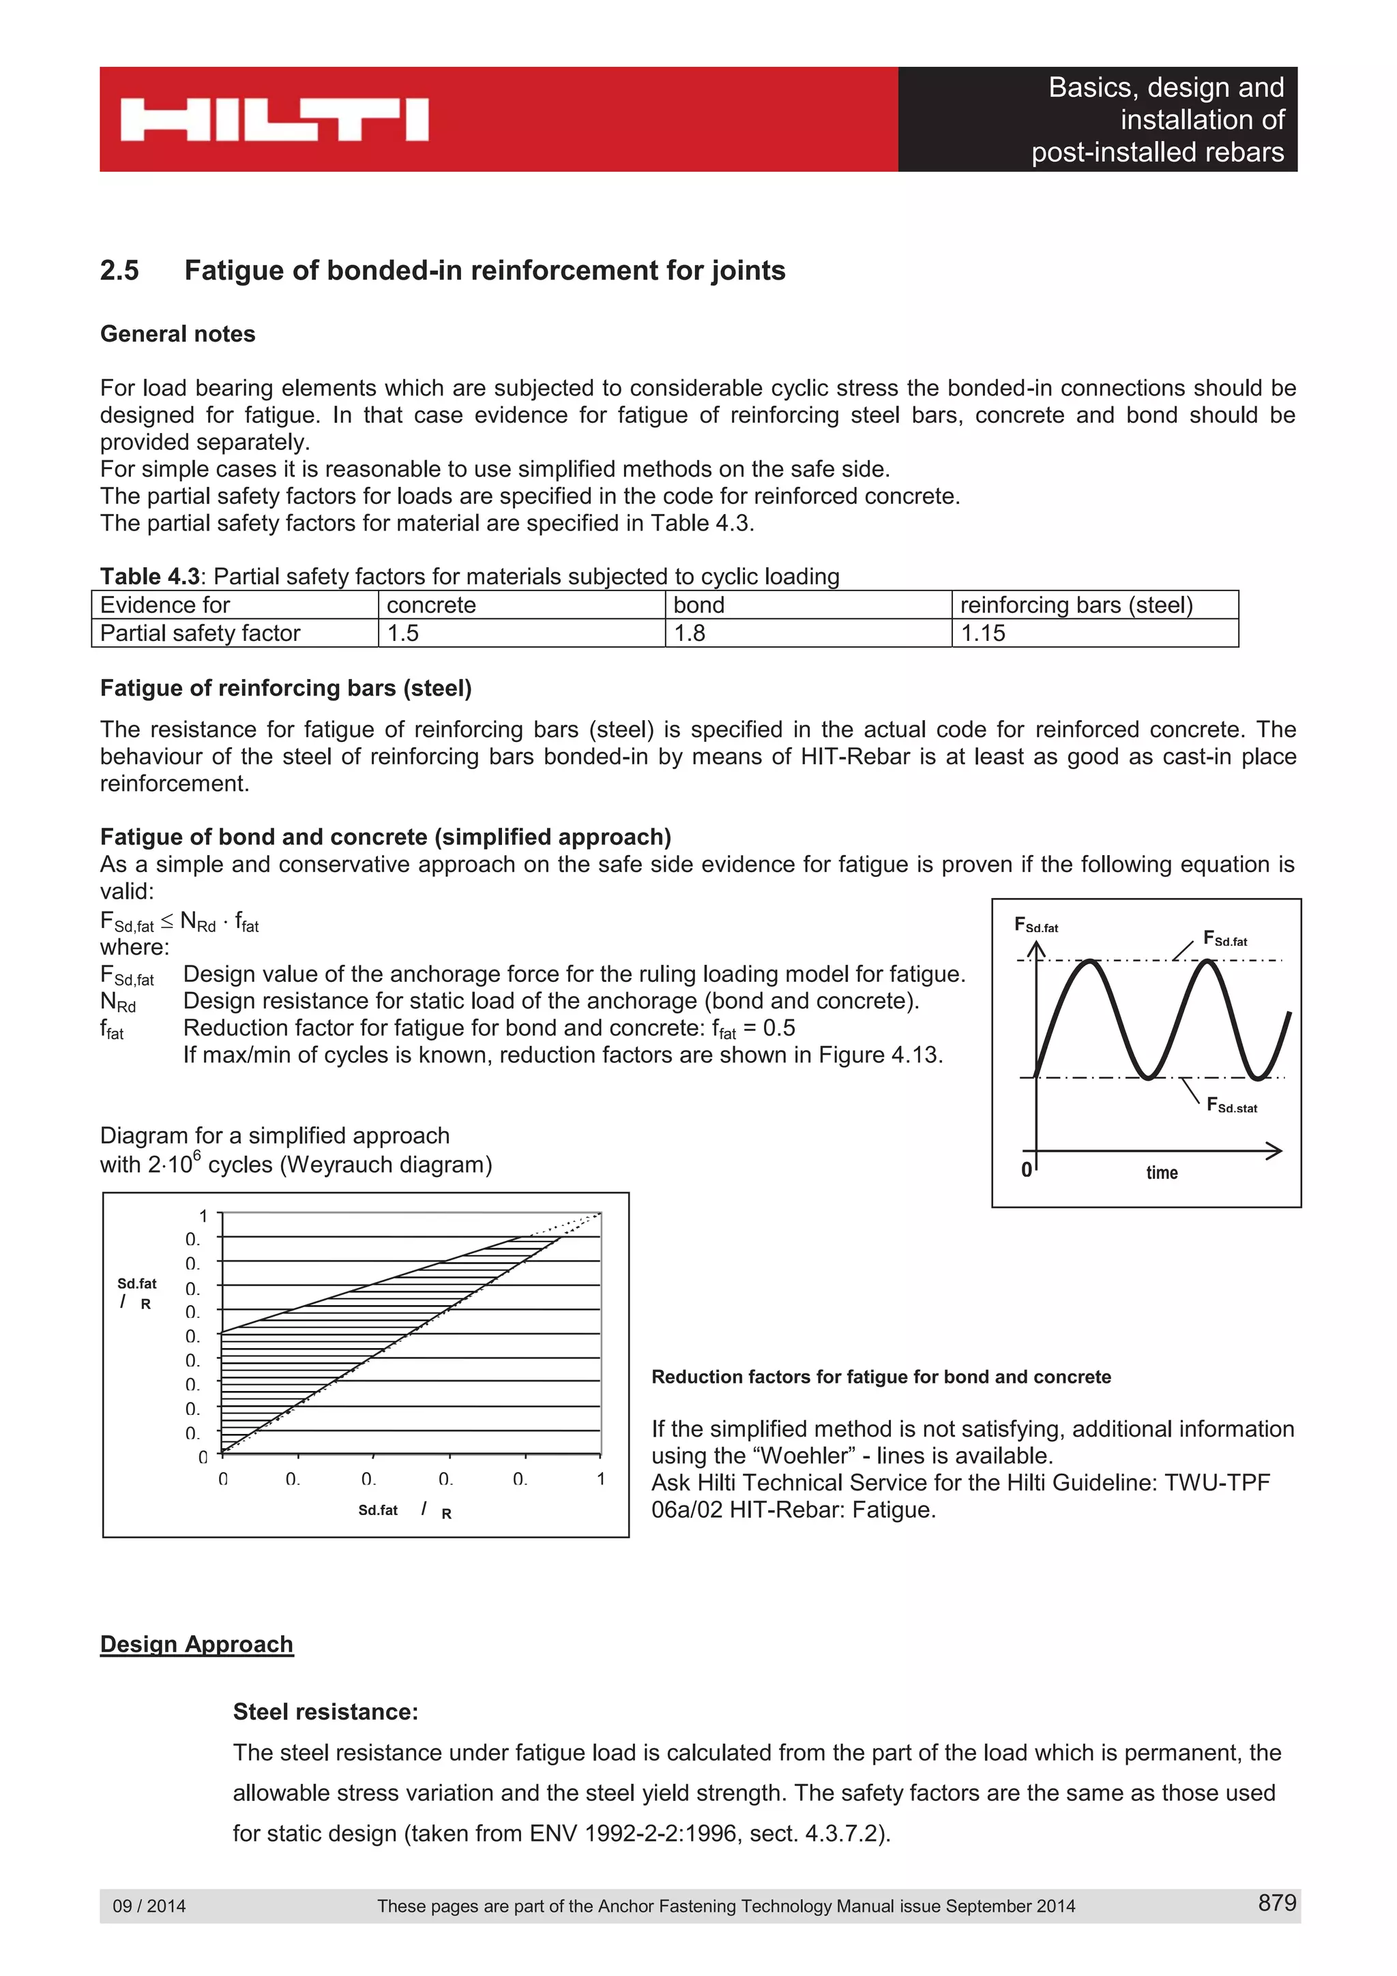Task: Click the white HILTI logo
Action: (x=274, y=119)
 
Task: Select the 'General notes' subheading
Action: (x=177, y=334)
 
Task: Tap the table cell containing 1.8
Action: (x=808, y=633)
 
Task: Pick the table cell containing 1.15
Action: (x=1094, y=633)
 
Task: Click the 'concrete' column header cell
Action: (x=520, y=605)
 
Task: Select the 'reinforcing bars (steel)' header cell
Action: (x=1094, y=605)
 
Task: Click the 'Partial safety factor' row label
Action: (x=234, y=633)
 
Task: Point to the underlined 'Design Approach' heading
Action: (x=196, y=1644)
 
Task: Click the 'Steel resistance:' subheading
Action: (x=325, y=1712)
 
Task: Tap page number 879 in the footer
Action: (x=1276, y=1903)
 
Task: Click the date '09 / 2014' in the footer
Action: (x=149, y=1906)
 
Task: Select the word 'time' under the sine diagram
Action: (x=1161, y=1172)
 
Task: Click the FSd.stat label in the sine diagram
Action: (x=1231, y=1106)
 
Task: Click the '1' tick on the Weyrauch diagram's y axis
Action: (x=203, y=1216)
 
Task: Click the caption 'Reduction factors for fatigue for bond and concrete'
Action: (x=881, y=1377)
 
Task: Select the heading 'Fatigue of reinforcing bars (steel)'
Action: (x=286, y=689)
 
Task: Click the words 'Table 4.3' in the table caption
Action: (x=150, y=577)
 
